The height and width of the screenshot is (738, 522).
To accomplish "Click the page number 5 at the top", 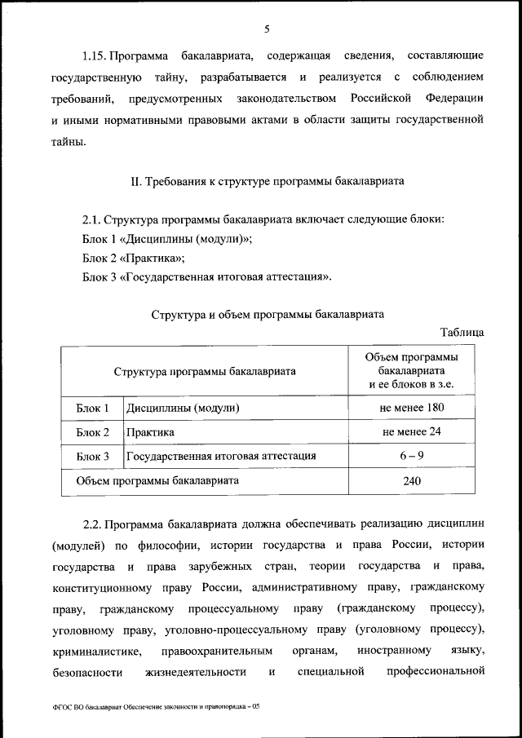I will (x=267, y=30).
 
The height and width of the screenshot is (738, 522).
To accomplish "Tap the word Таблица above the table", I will (x=462, y=332).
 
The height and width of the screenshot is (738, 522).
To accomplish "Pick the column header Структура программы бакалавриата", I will (x=205, y=371).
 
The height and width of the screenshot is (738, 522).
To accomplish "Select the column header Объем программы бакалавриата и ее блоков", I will (x=411, y=370).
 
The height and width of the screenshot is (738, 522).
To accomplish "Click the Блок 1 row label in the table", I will (x=92, y=407).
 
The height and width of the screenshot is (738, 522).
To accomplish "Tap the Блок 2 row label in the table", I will (x=92, y=431).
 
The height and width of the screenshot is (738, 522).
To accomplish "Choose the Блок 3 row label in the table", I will (x=92, y=456).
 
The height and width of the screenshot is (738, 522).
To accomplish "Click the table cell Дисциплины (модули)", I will (x=183, y=407).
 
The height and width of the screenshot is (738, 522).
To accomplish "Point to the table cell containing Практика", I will (x=150, y=431).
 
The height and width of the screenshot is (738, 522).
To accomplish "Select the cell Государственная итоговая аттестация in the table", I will (x=221, y=456).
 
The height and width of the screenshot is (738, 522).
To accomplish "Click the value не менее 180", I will (x=411, y=407).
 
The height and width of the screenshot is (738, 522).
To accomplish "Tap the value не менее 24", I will (x=411, y=431).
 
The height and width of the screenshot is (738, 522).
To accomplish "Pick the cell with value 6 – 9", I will (x=411, y=456).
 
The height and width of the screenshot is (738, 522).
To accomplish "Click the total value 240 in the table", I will (x=411, y=481).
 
